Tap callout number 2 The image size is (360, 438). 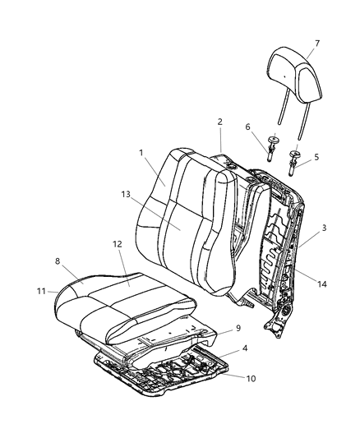click(x=220, y=122)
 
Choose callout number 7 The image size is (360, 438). click(x=317, y=44)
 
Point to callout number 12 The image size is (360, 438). click(x=118, y=244)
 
